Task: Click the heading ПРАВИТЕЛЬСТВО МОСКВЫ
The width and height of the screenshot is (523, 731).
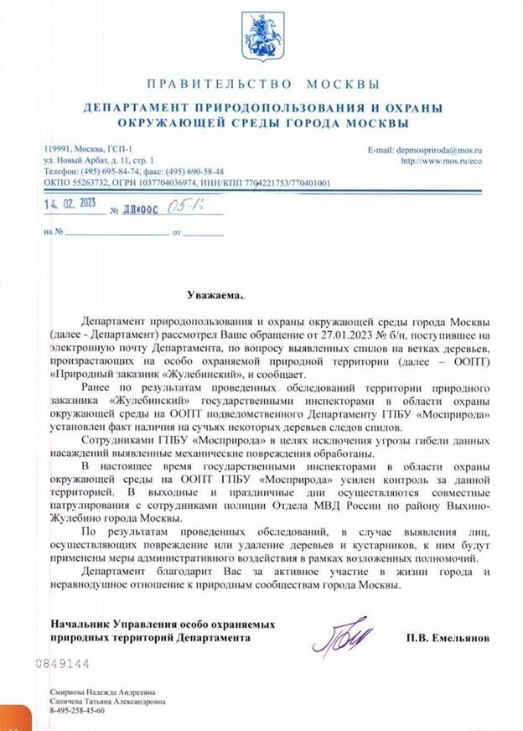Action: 262,85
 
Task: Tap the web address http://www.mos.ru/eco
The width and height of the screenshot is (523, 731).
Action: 445,159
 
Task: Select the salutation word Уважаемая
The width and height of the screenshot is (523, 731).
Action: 217,295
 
